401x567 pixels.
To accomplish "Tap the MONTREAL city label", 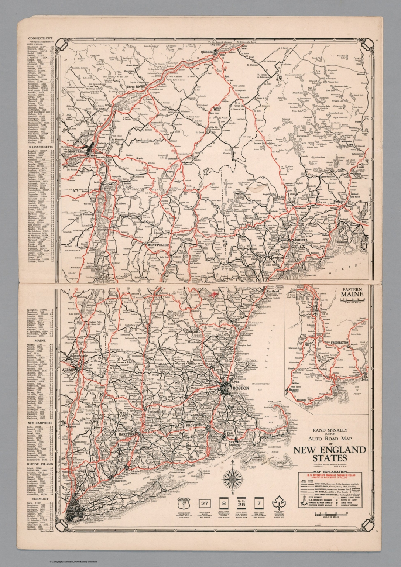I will tap(83, 151).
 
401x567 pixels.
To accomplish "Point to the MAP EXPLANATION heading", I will tap(330, 471).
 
